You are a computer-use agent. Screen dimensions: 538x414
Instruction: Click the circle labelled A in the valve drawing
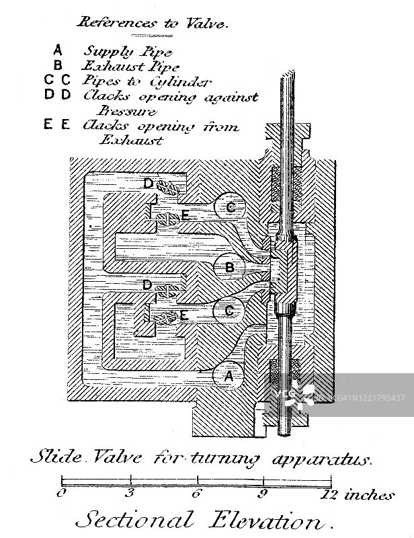click(x=229, y=377)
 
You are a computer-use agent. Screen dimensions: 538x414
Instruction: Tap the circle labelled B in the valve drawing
click(x=229, y=268)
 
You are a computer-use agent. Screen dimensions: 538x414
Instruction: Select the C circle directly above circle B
click(x=231, y=208)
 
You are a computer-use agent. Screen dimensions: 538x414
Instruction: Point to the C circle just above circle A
click(x=229, y=311)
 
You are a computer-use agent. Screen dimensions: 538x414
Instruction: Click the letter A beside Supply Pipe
click(x=58, y=50)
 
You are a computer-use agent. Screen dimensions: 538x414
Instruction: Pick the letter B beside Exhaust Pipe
click(x=58, y=65)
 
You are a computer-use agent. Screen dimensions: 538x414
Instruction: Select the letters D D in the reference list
click(x=58, y=95)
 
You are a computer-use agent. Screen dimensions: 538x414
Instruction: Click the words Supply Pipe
click(x=128, y=51)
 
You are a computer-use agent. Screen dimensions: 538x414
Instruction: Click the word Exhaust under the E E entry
click(x=132, y=141)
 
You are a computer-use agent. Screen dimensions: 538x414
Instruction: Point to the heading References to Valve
click(x=154, y=23)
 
